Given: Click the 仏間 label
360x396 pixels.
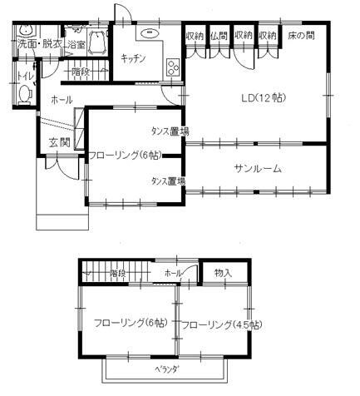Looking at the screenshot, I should click(x=219, y=36).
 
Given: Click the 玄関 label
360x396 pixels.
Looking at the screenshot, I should click(x=57, y=141).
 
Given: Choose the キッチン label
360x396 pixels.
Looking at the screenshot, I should click(x=133, y=57).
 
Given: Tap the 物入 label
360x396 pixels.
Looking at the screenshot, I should click(x=223, y=272).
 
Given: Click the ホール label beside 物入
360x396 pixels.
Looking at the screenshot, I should click(x=173, y=273).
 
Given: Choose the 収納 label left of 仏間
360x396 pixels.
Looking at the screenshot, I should click(x=195, y=36).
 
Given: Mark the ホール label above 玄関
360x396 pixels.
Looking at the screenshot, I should click(x=61, y=100).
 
